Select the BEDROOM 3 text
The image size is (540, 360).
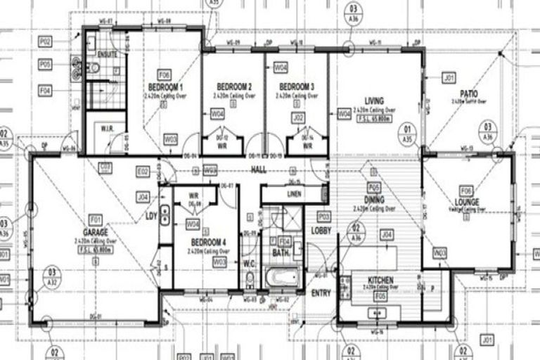point(295,86)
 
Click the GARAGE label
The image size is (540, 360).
point(95,232)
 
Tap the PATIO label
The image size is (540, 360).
point(469,94)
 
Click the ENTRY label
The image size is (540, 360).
point(321,293)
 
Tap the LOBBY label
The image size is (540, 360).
point(321,230)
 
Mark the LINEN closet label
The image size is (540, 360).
point(294,193)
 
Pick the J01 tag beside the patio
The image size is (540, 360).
point(448,77)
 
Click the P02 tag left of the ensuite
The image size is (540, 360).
point(45,43)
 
